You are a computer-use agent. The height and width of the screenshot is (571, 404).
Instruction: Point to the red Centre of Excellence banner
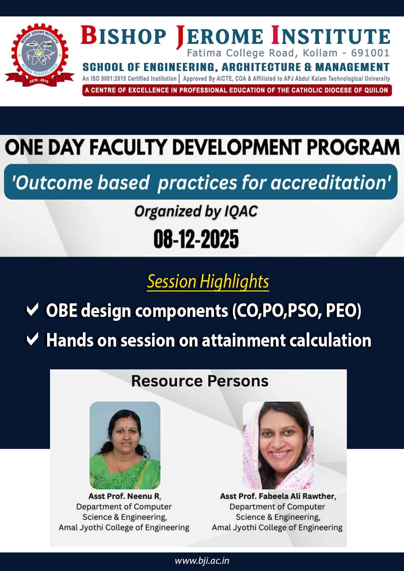pos(237,90)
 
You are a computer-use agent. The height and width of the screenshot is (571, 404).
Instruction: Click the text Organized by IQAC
pos(196,211)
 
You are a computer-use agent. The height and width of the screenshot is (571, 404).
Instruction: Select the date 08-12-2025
pos(196,239)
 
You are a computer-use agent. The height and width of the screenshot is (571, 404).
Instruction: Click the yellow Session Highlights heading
pos(208,281)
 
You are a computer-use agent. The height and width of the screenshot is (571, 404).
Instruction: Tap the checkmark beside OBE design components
pos(33,310)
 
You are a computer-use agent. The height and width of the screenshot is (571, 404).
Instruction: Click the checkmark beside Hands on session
pos(33,339)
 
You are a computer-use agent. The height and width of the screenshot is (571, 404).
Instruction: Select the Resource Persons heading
pos(200,381)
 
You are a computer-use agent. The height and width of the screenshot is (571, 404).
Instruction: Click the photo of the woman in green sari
pos(125,445)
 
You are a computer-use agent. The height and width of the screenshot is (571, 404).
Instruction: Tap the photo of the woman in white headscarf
pos(278,445)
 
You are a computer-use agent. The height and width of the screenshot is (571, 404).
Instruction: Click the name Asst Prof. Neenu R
pos(125,496)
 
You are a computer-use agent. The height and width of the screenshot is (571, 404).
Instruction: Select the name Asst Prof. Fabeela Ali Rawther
pos(278,496)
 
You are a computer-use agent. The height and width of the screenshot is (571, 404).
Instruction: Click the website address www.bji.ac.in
pos(202,560)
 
